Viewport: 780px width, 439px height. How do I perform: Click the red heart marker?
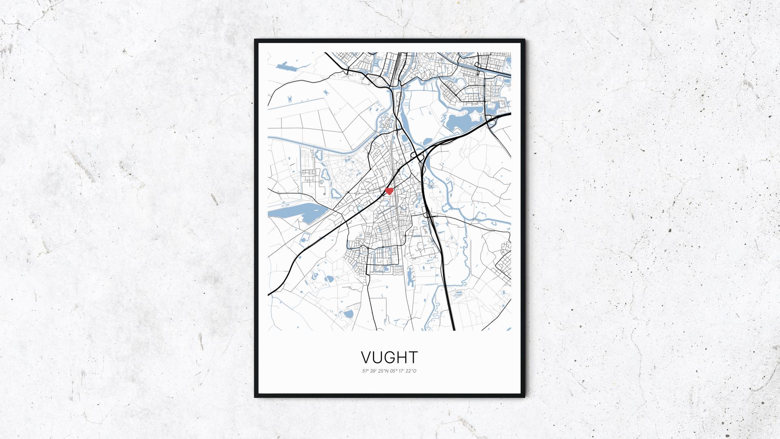click(389, 191)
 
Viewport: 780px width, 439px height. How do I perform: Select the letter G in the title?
click(390, 357)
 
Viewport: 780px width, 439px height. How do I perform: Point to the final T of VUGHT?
click(413, 357)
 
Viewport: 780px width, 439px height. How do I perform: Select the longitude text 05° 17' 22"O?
click(403, 371)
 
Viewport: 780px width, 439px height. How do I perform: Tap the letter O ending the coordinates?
click(415, 371)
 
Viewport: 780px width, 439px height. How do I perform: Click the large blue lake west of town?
click(297, 212)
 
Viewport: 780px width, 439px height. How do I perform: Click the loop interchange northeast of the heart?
click(416, 156)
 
